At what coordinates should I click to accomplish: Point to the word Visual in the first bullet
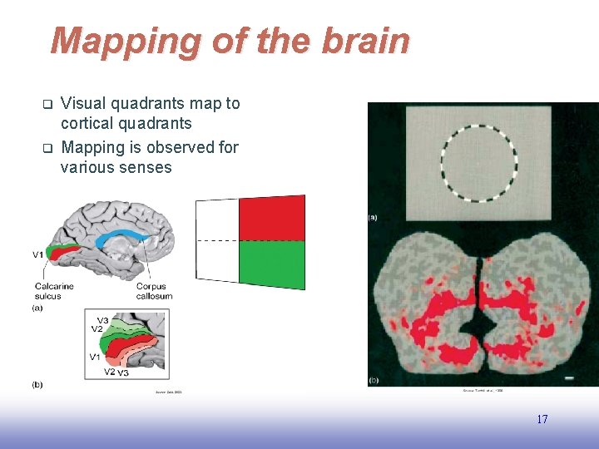click(83, 104)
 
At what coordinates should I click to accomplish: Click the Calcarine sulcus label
click(54, 291)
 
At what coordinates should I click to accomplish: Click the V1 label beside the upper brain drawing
click(38, 254)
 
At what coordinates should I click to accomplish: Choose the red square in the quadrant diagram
click(271, 219)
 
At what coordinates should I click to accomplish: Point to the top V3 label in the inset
click(102, 320)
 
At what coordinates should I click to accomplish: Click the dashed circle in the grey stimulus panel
click(478, 163)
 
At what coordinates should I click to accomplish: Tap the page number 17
click(542, 420)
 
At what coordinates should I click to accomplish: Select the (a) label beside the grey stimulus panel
click(373, 217)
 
